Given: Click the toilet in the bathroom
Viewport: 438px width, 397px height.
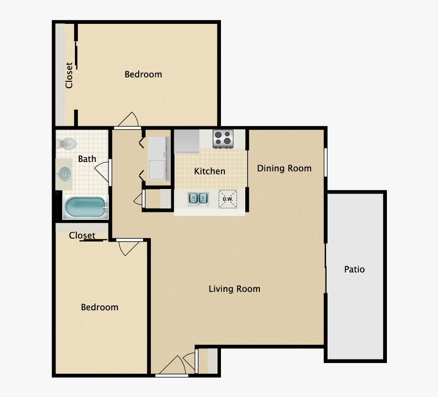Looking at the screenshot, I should (67, 144).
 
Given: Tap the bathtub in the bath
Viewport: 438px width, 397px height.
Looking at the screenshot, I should (85, 208).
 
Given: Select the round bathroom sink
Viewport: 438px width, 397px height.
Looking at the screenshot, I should (64, 174).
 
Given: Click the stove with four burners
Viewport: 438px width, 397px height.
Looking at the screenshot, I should (223, 138).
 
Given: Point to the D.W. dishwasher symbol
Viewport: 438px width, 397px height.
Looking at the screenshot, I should (227, 199).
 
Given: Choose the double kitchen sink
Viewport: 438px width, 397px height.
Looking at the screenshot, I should (198, 198).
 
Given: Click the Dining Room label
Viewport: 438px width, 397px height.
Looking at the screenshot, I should (284, 169).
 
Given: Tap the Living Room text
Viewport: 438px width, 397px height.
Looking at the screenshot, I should (234, 289).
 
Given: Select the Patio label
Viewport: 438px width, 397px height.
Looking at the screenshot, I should (354, 269).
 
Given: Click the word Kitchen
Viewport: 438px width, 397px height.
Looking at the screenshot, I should (210, 171).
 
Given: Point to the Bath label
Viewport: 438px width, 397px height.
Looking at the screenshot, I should (87, 159).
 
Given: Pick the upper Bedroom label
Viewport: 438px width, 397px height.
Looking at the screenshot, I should (143, 75).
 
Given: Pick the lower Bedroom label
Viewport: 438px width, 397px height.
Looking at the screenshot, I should (99, 307).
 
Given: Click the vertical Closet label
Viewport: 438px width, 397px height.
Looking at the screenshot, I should (69, 75).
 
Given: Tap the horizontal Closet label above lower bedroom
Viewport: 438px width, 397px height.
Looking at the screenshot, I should (82, 236).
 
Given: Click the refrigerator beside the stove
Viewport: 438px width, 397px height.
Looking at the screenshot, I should (187, 141).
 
